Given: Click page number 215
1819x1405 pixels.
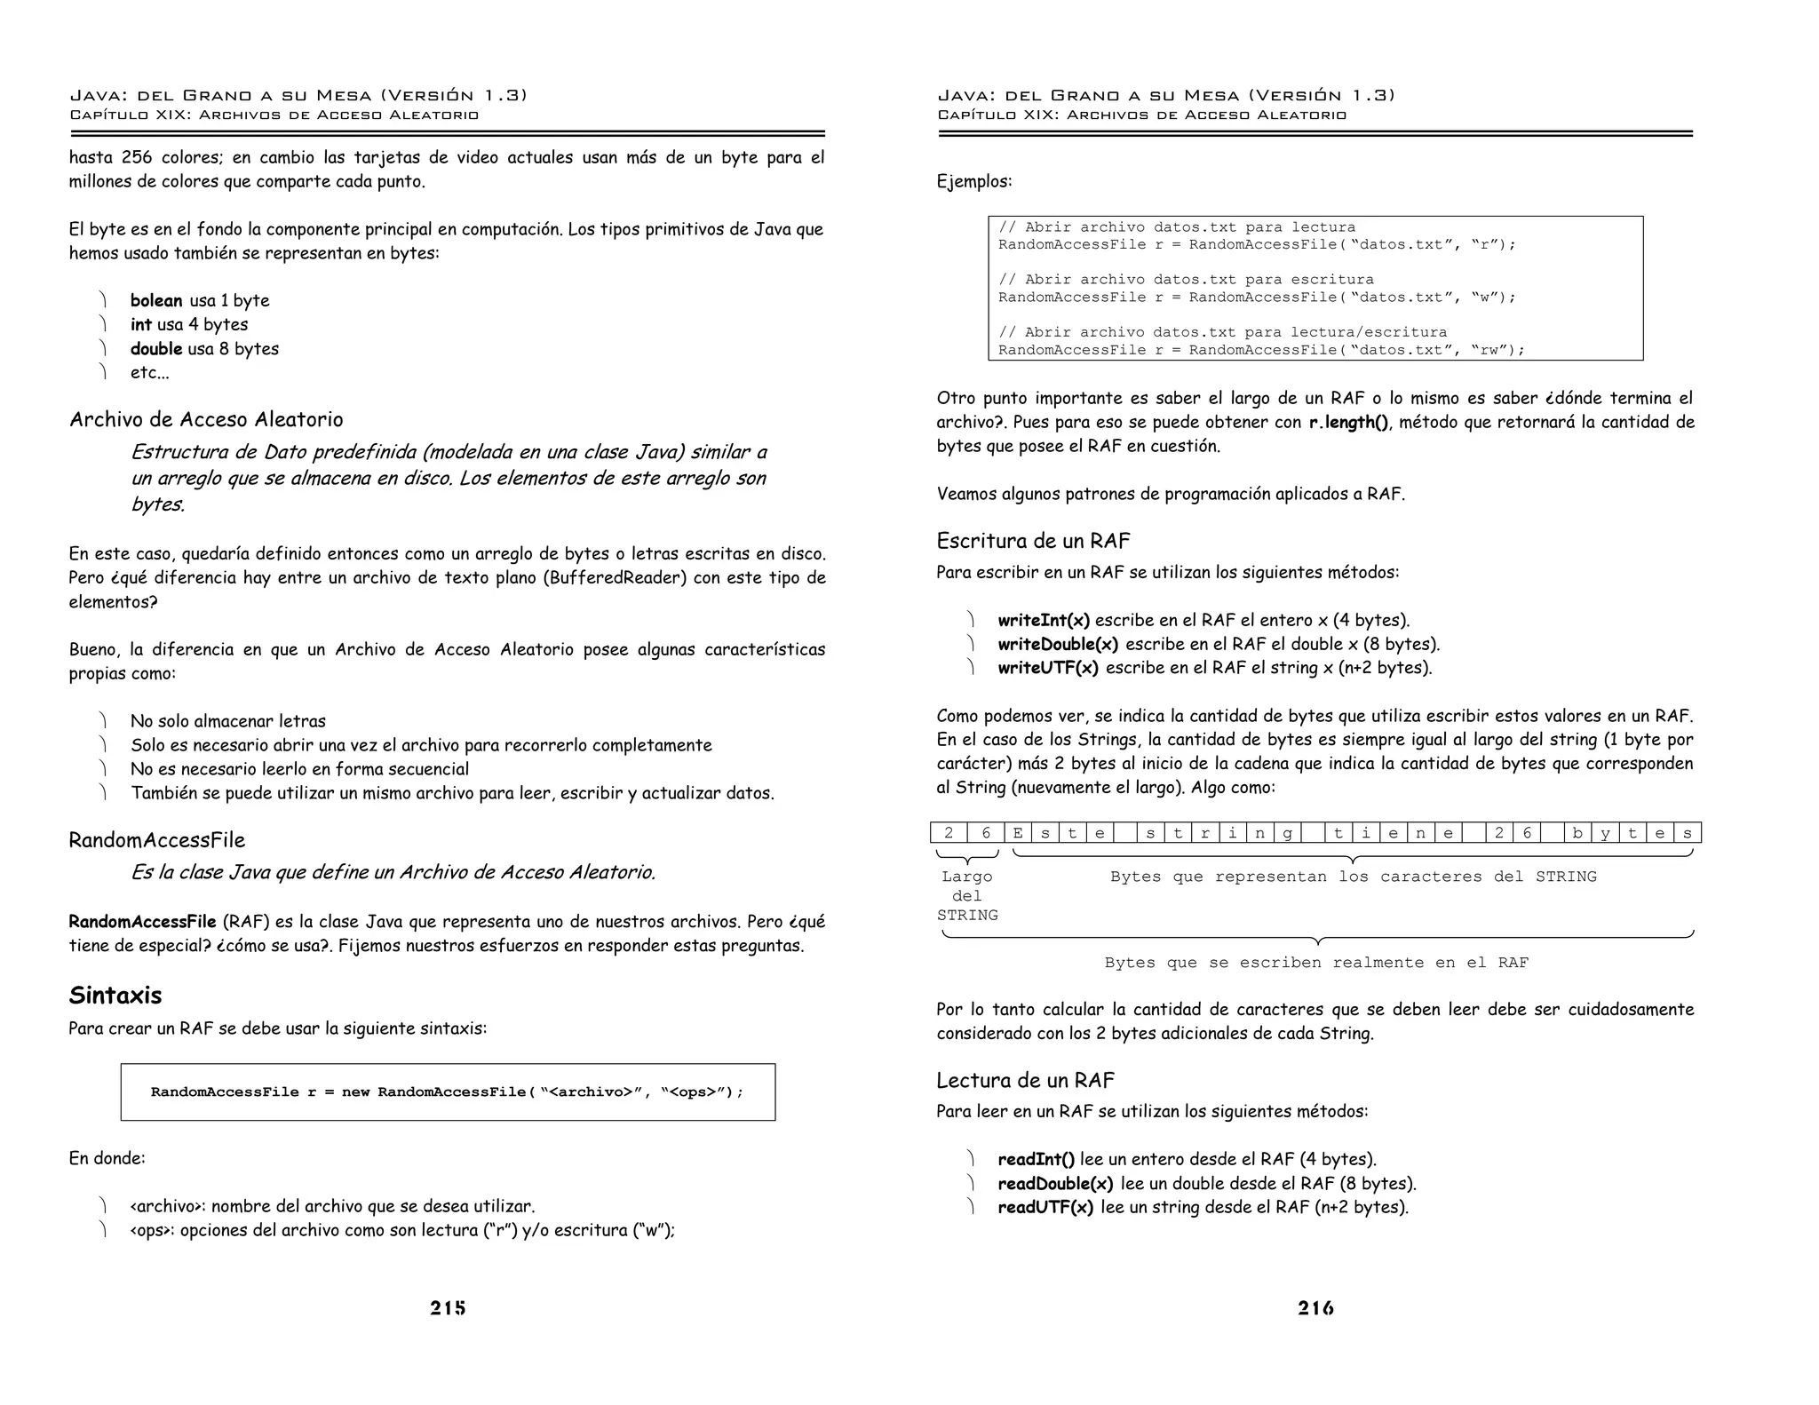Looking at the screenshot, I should (x=448, y=1307).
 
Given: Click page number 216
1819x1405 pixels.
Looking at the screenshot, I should (x=1315, y=1307).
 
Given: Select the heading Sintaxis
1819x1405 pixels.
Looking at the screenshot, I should (x=115, y=996).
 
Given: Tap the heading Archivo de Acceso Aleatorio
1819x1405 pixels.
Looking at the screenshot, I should (x=206, y=419).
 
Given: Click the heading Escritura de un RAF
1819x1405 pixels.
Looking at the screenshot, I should (x=1033, y=541).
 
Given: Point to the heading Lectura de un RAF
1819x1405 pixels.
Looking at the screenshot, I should (x=1025, y=1080).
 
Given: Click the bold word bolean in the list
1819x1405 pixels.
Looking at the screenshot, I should (x=156, y=300).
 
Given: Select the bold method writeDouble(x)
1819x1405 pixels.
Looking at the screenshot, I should (x=1058, y=644).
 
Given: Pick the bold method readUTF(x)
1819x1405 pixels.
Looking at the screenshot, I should (x=1045, y=1207).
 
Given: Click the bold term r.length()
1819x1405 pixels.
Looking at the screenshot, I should (x=1348, y=422).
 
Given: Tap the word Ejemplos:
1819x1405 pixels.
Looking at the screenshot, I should (x=974, y=181).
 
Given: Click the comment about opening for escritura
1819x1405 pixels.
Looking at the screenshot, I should (x=1186, y=280).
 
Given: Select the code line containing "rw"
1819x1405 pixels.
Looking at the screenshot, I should (x=1260, y=350).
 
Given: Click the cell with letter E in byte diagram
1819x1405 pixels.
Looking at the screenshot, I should (x=1017, y=833).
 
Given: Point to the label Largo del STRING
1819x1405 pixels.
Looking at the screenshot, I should (x=967, y=895).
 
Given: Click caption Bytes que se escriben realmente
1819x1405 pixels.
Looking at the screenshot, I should (x=1316, y=963).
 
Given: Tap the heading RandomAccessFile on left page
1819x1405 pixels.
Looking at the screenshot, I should (x=156, y=840).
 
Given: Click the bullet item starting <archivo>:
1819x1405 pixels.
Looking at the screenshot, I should (x=332, y=1206).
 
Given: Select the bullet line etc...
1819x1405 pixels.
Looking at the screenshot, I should (x=149, y=372).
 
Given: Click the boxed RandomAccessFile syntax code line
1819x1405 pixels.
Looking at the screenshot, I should (x=447, y=1091).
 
